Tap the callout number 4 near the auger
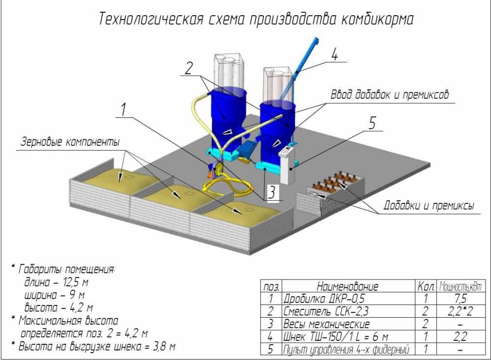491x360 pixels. tap(334, 55)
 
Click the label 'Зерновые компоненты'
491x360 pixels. tap(70, 142)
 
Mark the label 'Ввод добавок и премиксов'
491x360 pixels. tap(389, 95)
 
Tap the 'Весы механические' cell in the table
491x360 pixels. tap(326, 324)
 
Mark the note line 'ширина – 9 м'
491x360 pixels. tap(55, 295)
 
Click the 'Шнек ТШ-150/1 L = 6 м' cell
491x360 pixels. tap(336, 337)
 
